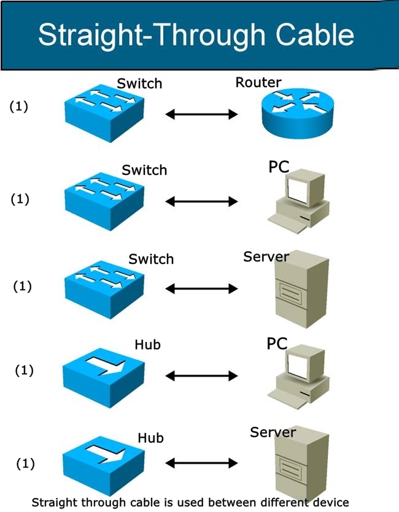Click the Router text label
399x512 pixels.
[258, 82]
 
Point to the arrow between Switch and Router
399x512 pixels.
[201, 114]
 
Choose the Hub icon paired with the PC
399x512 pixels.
[103, 373]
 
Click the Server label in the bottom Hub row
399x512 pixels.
[273, 432]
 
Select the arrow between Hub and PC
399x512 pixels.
[201, 375]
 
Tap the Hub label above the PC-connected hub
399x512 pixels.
[147, 344]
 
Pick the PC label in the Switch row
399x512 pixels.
[278, 167]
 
